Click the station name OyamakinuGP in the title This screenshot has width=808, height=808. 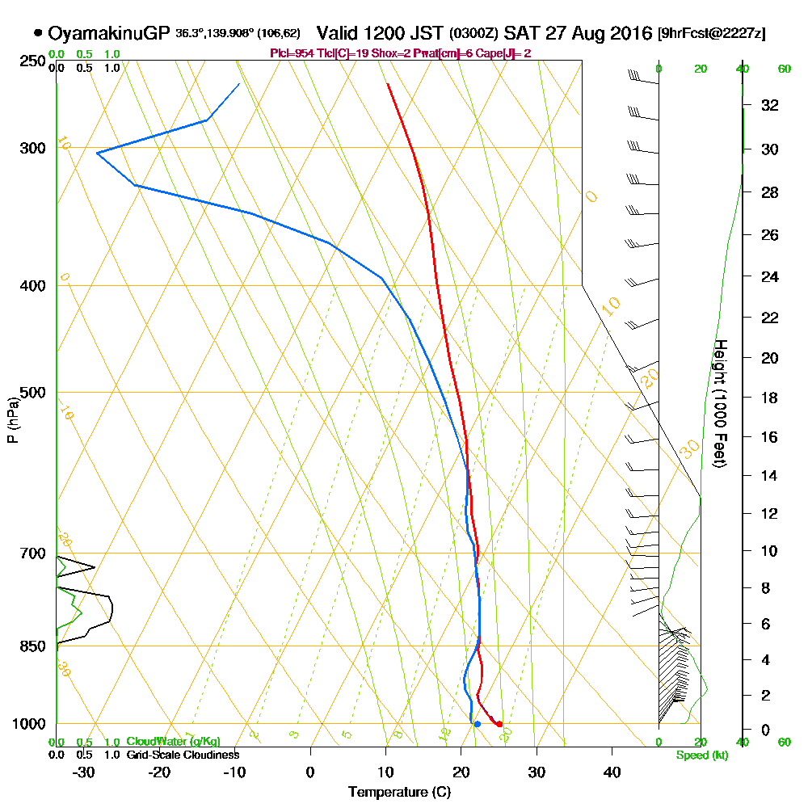coord(109,33)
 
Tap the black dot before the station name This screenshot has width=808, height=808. coord(38,33)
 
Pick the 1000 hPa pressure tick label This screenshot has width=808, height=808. coord(29,724)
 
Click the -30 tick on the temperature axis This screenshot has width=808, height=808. coord(84,772)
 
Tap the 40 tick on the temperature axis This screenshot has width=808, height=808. coord(612,772)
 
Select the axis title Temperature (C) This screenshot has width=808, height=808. coord(399,793)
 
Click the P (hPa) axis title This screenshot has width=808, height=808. coord(12,419)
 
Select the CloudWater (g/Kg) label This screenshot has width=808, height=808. coord(173,742)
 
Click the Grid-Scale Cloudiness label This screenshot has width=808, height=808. coord(183,755)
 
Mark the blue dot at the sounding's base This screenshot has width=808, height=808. coord(478,724)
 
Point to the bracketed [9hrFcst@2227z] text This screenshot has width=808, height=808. coord(712,34)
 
